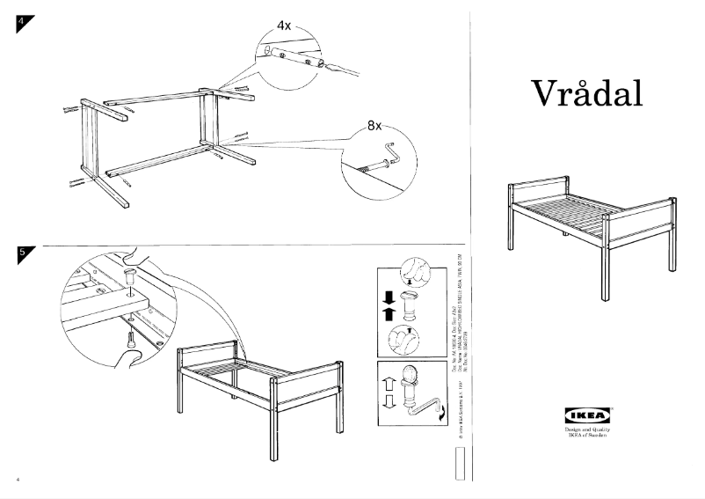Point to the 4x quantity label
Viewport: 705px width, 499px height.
click(x=284, y=26)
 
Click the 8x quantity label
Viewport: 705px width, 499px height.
click(x=374, y=126)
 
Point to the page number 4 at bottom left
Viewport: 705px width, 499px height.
click(x=17, y=480)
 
